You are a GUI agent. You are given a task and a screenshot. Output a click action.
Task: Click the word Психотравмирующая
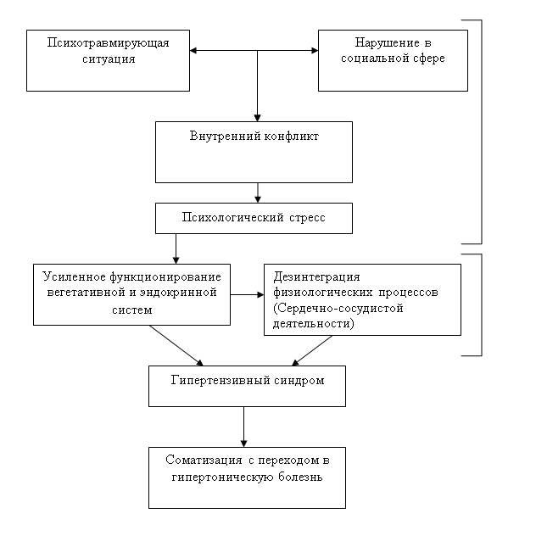108,43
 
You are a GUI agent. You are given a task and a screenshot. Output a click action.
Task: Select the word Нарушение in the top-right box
387,42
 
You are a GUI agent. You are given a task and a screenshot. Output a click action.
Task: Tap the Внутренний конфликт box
254,152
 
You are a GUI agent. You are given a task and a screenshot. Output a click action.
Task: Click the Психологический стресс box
254,219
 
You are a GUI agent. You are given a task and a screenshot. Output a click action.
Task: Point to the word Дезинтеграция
316,276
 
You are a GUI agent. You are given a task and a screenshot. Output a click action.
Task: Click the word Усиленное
74,276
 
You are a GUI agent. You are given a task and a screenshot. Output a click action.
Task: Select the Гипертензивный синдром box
247,386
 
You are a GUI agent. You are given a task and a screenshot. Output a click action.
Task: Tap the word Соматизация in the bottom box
204,460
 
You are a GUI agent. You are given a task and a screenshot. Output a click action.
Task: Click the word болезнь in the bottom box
300,477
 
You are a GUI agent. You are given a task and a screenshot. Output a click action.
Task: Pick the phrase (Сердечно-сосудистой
338,309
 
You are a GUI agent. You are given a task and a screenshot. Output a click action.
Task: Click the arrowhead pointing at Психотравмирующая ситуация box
193,51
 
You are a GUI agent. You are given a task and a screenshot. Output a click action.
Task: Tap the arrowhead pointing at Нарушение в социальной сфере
315,51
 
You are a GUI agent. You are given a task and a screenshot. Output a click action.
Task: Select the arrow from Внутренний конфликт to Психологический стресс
258,193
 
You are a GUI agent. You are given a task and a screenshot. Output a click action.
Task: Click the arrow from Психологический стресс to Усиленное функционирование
176,248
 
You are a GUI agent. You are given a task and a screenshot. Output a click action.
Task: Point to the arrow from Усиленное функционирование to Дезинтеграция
247,295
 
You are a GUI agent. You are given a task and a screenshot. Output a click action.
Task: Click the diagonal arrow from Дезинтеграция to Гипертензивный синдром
311,350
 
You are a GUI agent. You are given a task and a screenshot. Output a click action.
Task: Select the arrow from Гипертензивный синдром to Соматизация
243,427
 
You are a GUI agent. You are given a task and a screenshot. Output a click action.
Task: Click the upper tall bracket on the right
482,131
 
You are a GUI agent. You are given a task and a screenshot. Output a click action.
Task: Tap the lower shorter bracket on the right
482,305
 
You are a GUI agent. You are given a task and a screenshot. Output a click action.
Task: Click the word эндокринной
178,293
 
